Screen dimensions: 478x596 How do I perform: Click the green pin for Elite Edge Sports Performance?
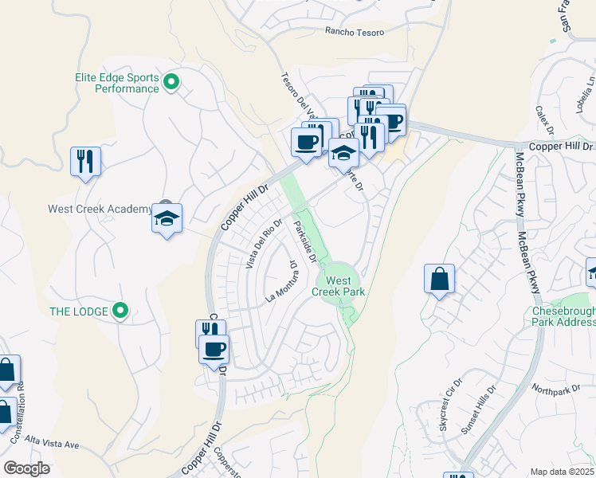(171, 81)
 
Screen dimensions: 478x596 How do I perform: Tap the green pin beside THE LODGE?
(120, 310)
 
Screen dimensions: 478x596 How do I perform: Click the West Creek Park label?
(339, 286)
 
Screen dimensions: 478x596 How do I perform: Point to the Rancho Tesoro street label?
(354, 32)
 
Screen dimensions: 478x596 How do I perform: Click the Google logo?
(26, 468)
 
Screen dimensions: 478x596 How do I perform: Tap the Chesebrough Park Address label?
(563, 316)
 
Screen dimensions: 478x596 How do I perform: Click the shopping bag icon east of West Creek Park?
(439, 280)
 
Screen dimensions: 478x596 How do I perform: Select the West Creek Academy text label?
(99, 210)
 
